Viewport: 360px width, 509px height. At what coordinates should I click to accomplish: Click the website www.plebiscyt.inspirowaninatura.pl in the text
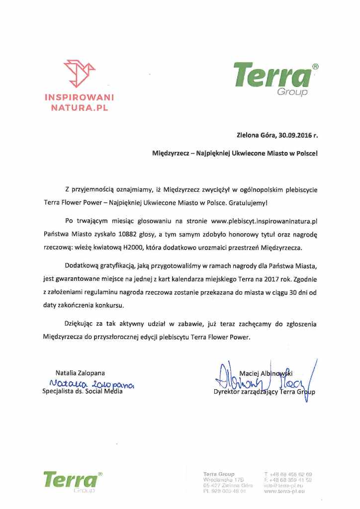[x=264, y=220]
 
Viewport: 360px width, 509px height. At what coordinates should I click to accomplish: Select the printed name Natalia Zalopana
[x=80, y=373]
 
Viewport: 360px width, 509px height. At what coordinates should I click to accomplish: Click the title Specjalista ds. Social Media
[x=82, y=391]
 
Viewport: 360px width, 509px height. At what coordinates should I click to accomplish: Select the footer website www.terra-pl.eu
[x=284, y=491]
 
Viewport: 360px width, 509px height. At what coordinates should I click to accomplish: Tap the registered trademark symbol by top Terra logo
[x=315, y=67]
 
